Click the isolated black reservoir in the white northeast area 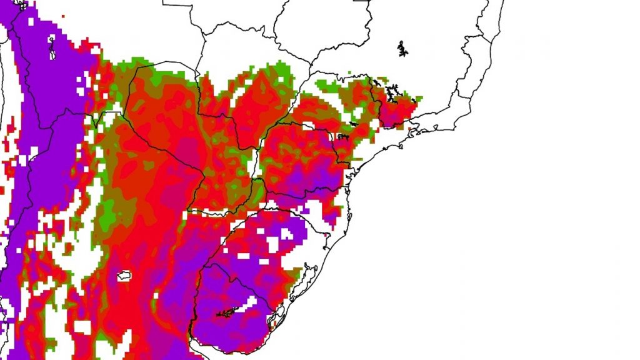[402, 47]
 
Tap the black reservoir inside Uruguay [226, 312]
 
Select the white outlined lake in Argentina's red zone [123, 275]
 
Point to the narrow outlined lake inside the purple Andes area [51, 46]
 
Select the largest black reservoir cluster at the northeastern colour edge [392, 94]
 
